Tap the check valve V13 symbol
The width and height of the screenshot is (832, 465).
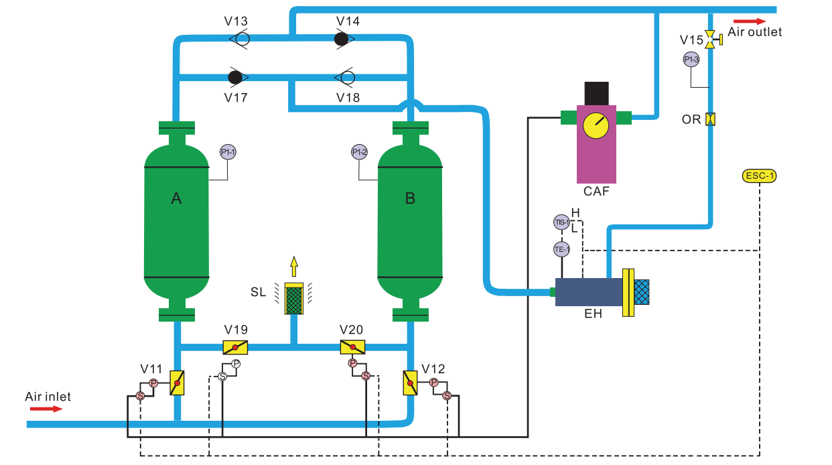click(x=240, y=39)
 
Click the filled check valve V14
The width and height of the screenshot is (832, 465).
click(x=342, y=39)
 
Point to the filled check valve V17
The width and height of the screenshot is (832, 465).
click(x=235, y=77)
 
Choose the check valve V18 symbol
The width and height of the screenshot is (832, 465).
click(x=347, y=77)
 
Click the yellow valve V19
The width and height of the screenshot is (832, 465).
click(x=235, y=347)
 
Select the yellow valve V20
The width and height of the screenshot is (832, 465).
click(x=352, y=347)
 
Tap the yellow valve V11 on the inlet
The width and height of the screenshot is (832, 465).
click(x=177, y=383)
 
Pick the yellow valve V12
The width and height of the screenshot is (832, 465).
click(x=409, y=383)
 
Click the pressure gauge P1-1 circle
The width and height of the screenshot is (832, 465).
click(x=228, y=153)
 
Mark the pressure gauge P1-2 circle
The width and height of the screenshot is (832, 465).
click(x=360, y=153)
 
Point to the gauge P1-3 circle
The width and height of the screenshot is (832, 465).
click(x=691, y=60)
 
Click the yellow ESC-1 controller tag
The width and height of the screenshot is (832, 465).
click(x=760, y=176)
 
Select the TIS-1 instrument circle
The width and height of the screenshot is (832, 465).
click(x=561, y=222)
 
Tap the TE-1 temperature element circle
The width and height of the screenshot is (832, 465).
click(x=561, y=249)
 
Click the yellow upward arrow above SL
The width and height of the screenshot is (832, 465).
click(x=293, y=266)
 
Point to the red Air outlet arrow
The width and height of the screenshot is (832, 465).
click(x=750, y=21)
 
